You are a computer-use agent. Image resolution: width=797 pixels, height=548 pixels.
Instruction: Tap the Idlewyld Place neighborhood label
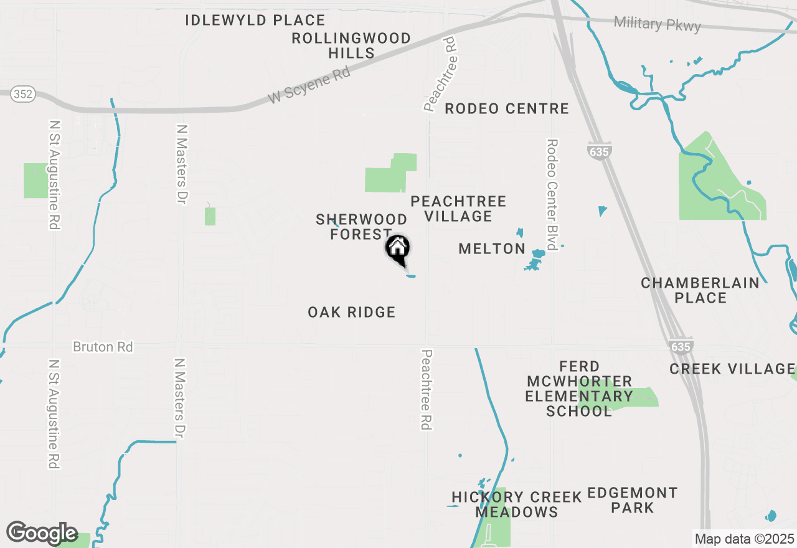click(255, 21)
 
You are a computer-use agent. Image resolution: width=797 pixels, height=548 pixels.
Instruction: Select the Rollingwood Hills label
click(351, 45)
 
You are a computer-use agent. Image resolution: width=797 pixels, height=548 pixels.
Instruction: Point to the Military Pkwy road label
click(657, 24)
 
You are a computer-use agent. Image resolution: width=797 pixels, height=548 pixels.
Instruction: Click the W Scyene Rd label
click(309, 85)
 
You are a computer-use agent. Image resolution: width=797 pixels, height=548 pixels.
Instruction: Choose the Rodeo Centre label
click(507, 109)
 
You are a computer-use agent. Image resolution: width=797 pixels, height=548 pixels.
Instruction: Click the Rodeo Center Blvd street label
click(551, 194)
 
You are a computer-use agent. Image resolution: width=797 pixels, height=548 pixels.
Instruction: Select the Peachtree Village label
click(458, 209)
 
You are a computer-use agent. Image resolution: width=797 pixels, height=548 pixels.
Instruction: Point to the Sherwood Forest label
click(361, 227)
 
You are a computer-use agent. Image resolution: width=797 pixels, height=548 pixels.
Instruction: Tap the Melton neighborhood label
click(492, 249)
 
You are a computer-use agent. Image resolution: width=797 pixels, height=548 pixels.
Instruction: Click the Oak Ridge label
click(352, 312)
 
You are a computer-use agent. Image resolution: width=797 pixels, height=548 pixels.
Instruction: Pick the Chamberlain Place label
click(700, 290)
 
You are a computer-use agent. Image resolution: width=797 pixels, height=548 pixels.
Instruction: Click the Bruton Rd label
click(103, 347)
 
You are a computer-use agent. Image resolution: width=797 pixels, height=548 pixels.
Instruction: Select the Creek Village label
click(732, 369)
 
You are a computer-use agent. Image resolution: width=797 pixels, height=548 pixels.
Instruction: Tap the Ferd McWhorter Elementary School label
click(579, 389)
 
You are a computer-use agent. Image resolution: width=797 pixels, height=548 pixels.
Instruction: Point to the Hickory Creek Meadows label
click(517, 504)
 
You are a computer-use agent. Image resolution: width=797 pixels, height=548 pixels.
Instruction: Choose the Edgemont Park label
click(633, 500)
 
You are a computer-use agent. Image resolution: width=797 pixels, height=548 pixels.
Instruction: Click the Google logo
click(42, 533)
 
